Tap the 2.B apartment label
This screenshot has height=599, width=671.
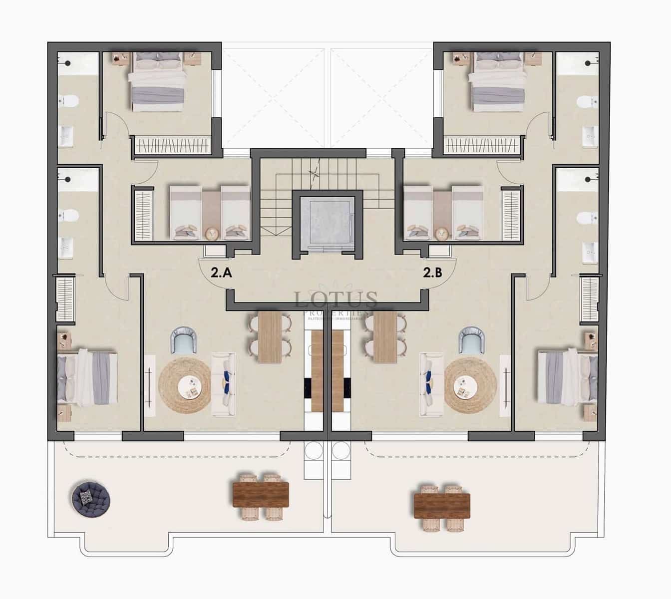[x=432, y=273]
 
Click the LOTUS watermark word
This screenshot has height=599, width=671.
[x=335, y=299]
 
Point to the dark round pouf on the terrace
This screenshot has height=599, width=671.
[x=88, y=497]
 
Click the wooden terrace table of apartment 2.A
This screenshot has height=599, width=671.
[x=261, y=495]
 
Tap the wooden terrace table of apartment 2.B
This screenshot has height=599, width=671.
[x=442, y=505]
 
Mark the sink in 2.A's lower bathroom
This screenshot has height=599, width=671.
[x=66, y=248]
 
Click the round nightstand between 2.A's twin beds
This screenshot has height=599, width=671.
[x=212, y=233]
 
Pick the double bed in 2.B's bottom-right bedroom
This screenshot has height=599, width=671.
[x=567, y=377]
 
